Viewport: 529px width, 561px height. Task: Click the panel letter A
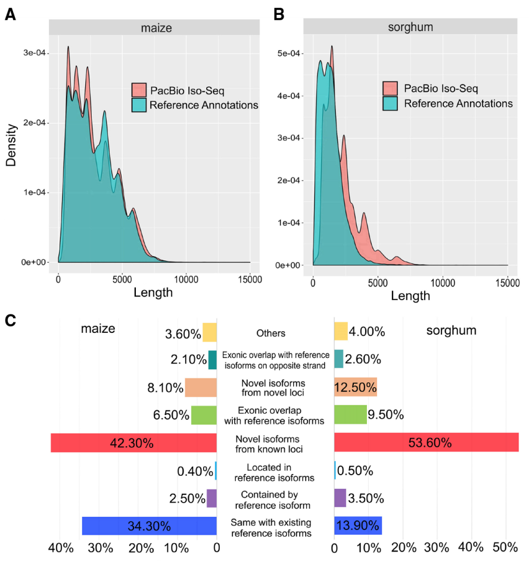tap(10, 15)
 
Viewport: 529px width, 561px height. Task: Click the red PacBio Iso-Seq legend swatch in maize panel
tap(139, 90)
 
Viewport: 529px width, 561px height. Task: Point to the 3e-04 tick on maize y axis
tap(35, 54)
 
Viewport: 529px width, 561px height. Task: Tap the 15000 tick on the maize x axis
tap(249, 278)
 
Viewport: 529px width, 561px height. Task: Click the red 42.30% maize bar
tap(133, 442)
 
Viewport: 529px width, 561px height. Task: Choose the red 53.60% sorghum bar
tap(426, 442)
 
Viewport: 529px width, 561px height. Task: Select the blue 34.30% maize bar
tap(149, 526)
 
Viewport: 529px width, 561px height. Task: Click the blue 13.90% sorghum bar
tap(358, 526)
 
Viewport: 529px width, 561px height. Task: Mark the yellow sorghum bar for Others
tap(341, 332)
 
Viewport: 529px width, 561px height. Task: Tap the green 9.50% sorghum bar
tap(350, 414)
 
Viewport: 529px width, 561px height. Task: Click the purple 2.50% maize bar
tap(211, 498)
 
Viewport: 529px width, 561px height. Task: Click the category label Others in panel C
tap(271, 334)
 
